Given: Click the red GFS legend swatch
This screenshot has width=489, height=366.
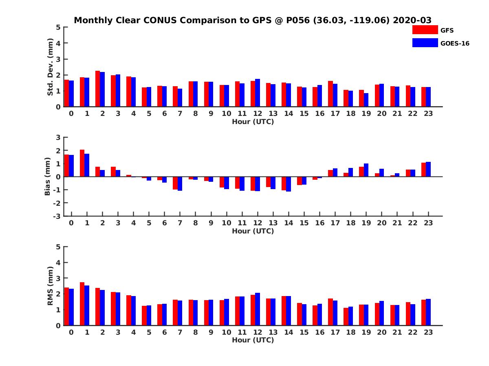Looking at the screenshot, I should pos(425,30).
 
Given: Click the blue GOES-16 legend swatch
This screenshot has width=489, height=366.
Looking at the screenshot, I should pos(425,43).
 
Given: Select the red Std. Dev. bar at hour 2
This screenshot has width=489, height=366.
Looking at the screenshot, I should pos(98,89).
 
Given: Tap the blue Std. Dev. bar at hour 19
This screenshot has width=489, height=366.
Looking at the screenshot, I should pos(366,100).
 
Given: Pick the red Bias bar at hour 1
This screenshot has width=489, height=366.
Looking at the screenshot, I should pos(82,163).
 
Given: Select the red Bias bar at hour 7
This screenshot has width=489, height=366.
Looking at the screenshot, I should pos(175,183).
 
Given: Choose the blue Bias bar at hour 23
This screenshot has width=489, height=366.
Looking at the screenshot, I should pos(428,169).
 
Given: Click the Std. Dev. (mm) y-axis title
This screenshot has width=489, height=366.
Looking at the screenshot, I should pos(51,67).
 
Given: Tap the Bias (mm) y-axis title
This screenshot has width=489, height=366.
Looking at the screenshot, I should pos(48,176).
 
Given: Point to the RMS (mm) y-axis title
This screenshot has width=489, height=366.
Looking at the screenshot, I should pos(51,286).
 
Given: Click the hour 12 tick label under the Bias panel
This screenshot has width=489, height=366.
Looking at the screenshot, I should pos(258,223).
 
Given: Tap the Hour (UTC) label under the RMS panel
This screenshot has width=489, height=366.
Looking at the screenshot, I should pos(253,340).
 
